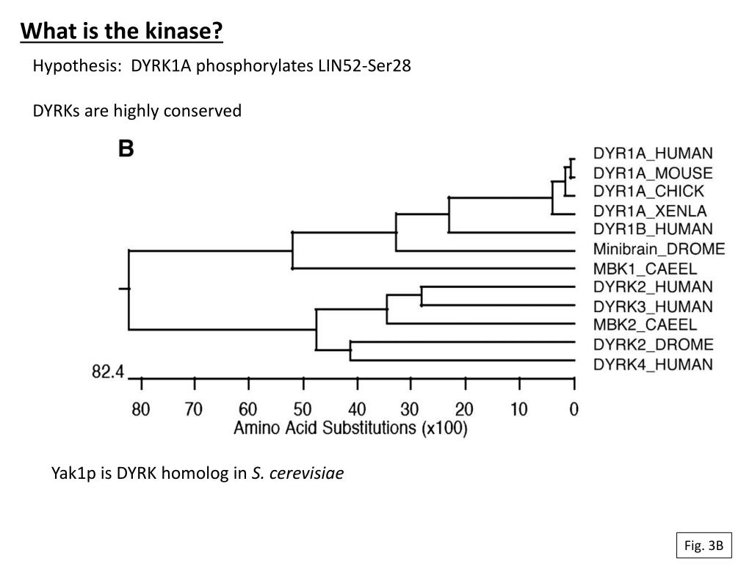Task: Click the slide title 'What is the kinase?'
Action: [121, 32]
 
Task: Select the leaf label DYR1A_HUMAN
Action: [652, 153]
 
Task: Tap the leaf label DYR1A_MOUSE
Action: [652, 173]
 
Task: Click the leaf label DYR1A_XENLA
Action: [650, 211]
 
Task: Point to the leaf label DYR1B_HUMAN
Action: [652, 229]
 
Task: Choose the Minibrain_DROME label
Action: [659, 249]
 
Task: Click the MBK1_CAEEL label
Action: [645, 269]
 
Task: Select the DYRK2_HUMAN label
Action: [652, 287]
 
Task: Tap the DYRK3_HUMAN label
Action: [652, 306]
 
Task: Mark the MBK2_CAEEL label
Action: [645, 325]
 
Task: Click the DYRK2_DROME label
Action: [652, 344]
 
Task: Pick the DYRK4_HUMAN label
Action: [652, 364]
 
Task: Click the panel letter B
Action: [126, 150]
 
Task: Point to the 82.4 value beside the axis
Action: [107, 372]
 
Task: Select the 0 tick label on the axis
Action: [574, 409]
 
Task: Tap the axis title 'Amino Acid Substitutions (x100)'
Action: [350, 429]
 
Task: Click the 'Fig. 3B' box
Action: [704, 545]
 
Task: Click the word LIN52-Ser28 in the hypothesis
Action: [364, 66]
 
